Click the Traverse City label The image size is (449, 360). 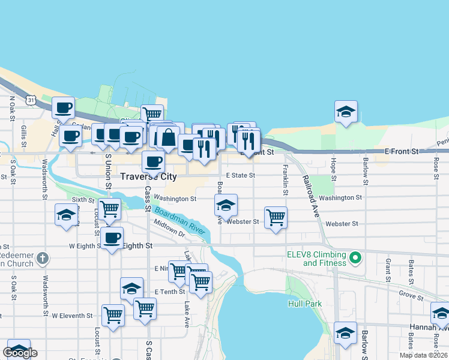click(148, 176)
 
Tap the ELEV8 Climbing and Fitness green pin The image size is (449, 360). click(355, 259)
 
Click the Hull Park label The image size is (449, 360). click(305, 304)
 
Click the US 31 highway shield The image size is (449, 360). click(29, 100)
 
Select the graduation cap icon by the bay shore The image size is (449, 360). click(346, 111)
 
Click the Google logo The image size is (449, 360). click(20, 353)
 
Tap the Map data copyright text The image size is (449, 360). click(423, 355)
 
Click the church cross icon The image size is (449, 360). click(41, 259)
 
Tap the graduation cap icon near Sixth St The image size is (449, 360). click(65, 214)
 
